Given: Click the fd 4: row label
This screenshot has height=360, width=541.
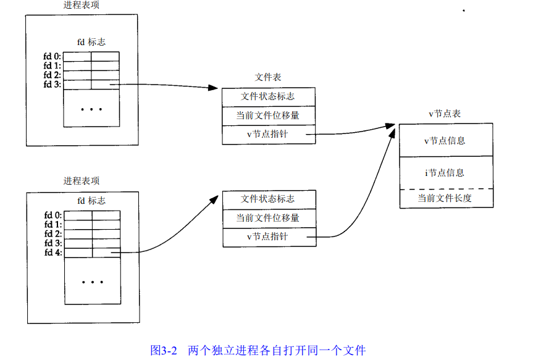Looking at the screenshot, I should (x=53, y=253).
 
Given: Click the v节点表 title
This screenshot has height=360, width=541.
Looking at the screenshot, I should (x=445, y=114).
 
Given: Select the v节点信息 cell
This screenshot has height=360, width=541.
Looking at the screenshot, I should (x=445, y=141).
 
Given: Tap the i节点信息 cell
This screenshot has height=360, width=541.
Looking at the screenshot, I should (x=445, y=173).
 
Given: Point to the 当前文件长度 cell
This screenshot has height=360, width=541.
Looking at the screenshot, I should (x=445, y=198).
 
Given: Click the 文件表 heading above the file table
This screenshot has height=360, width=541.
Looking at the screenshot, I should (x=268, y=77).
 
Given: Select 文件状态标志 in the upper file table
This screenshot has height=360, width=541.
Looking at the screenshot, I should (x=268, y=96).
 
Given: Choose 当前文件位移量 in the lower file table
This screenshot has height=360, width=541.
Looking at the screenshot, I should (x=268, y=218).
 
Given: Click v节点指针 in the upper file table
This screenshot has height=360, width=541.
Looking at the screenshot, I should (x=268, y=133).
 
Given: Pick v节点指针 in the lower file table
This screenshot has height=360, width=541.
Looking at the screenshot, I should (x=268, y=237).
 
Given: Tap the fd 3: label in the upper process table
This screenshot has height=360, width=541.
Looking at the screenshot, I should (x=52, y=85).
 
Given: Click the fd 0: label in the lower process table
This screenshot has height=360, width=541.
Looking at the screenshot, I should (x=53, y=215).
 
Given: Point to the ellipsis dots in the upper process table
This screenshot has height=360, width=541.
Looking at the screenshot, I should (x=91, y=109).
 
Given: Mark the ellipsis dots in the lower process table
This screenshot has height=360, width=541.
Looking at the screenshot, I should (x=92, y=282).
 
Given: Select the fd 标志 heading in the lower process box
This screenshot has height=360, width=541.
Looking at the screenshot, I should (x=91, y=201).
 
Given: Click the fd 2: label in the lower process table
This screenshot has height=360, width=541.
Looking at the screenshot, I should (x=53, y=234).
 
